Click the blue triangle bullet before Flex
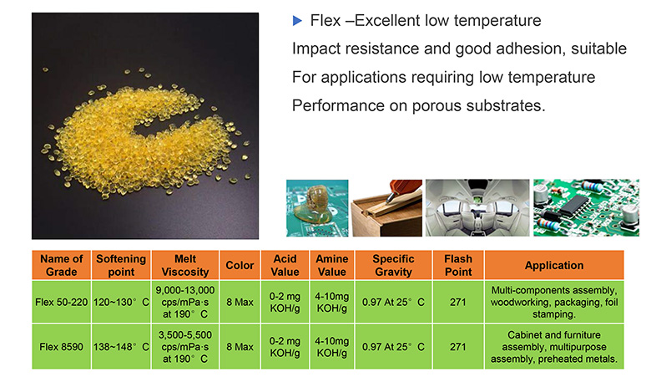pos(297,20)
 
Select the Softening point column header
pos(121,265)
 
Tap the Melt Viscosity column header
pos(185,265)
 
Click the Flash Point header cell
pos(458,265)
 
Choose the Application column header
pos(554,265)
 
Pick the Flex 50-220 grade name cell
pos(62,303)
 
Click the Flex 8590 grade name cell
pos(62,347)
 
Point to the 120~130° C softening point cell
pos(121,303)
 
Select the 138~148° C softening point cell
pos(121,347)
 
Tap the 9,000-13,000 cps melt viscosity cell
pos(185,303)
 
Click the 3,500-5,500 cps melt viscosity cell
pos(185,347)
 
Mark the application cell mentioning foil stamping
pos(554,303)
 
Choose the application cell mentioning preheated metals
pos(554,347)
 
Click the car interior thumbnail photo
pos(477,208)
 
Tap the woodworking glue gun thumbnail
pos(387,208)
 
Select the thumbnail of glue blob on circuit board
pos(317,208)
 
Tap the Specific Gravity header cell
pos(394,265)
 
